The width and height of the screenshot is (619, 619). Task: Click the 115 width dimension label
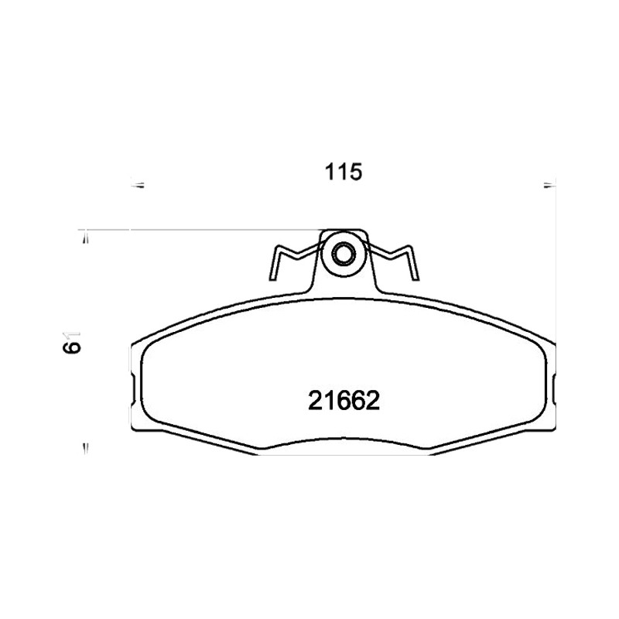pyautogui.click(x=343, y=173)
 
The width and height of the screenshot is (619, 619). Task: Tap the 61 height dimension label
pyautogui.click(x=74, y=342)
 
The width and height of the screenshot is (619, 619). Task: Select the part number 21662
pyautogui.click(x=344, y=401)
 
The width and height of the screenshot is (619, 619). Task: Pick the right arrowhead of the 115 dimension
pyautogui.click(x=549, y=185)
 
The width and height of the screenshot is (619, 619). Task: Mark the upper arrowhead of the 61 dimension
pyautogui.click(x=85, y=239)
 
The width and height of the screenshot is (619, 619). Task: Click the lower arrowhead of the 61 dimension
pyautogui.click(x=85, y=448)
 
